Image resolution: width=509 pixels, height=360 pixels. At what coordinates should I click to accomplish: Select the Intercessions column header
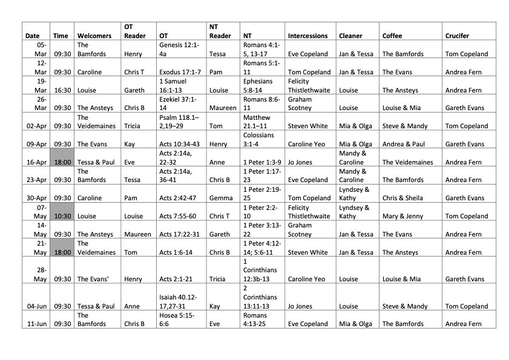coord(308,36)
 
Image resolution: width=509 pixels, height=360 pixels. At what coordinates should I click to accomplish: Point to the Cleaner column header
coord(351,36)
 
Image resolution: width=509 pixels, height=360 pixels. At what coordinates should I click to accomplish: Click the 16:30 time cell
coord(61,90)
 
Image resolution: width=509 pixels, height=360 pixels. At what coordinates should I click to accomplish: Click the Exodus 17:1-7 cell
coord(179,72)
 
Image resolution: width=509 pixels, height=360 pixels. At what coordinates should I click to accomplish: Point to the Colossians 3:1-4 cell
coord(262,140)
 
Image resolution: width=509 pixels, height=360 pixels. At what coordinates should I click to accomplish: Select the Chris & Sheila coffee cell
coord(402,198)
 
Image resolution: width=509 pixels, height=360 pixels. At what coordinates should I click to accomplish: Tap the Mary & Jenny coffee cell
coord(402,216)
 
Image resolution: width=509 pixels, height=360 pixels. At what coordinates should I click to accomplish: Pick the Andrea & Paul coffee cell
coord(403,144)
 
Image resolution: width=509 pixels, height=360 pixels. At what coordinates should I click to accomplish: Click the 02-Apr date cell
coord(36,126)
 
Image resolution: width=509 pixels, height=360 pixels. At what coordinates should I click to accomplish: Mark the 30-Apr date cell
coord(36,198)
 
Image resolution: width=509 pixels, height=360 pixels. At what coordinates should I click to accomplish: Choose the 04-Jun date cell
coord(36,306)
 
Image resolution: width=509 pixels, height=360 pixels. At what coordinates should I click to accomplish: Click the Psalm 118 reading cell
coord(179,122)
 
